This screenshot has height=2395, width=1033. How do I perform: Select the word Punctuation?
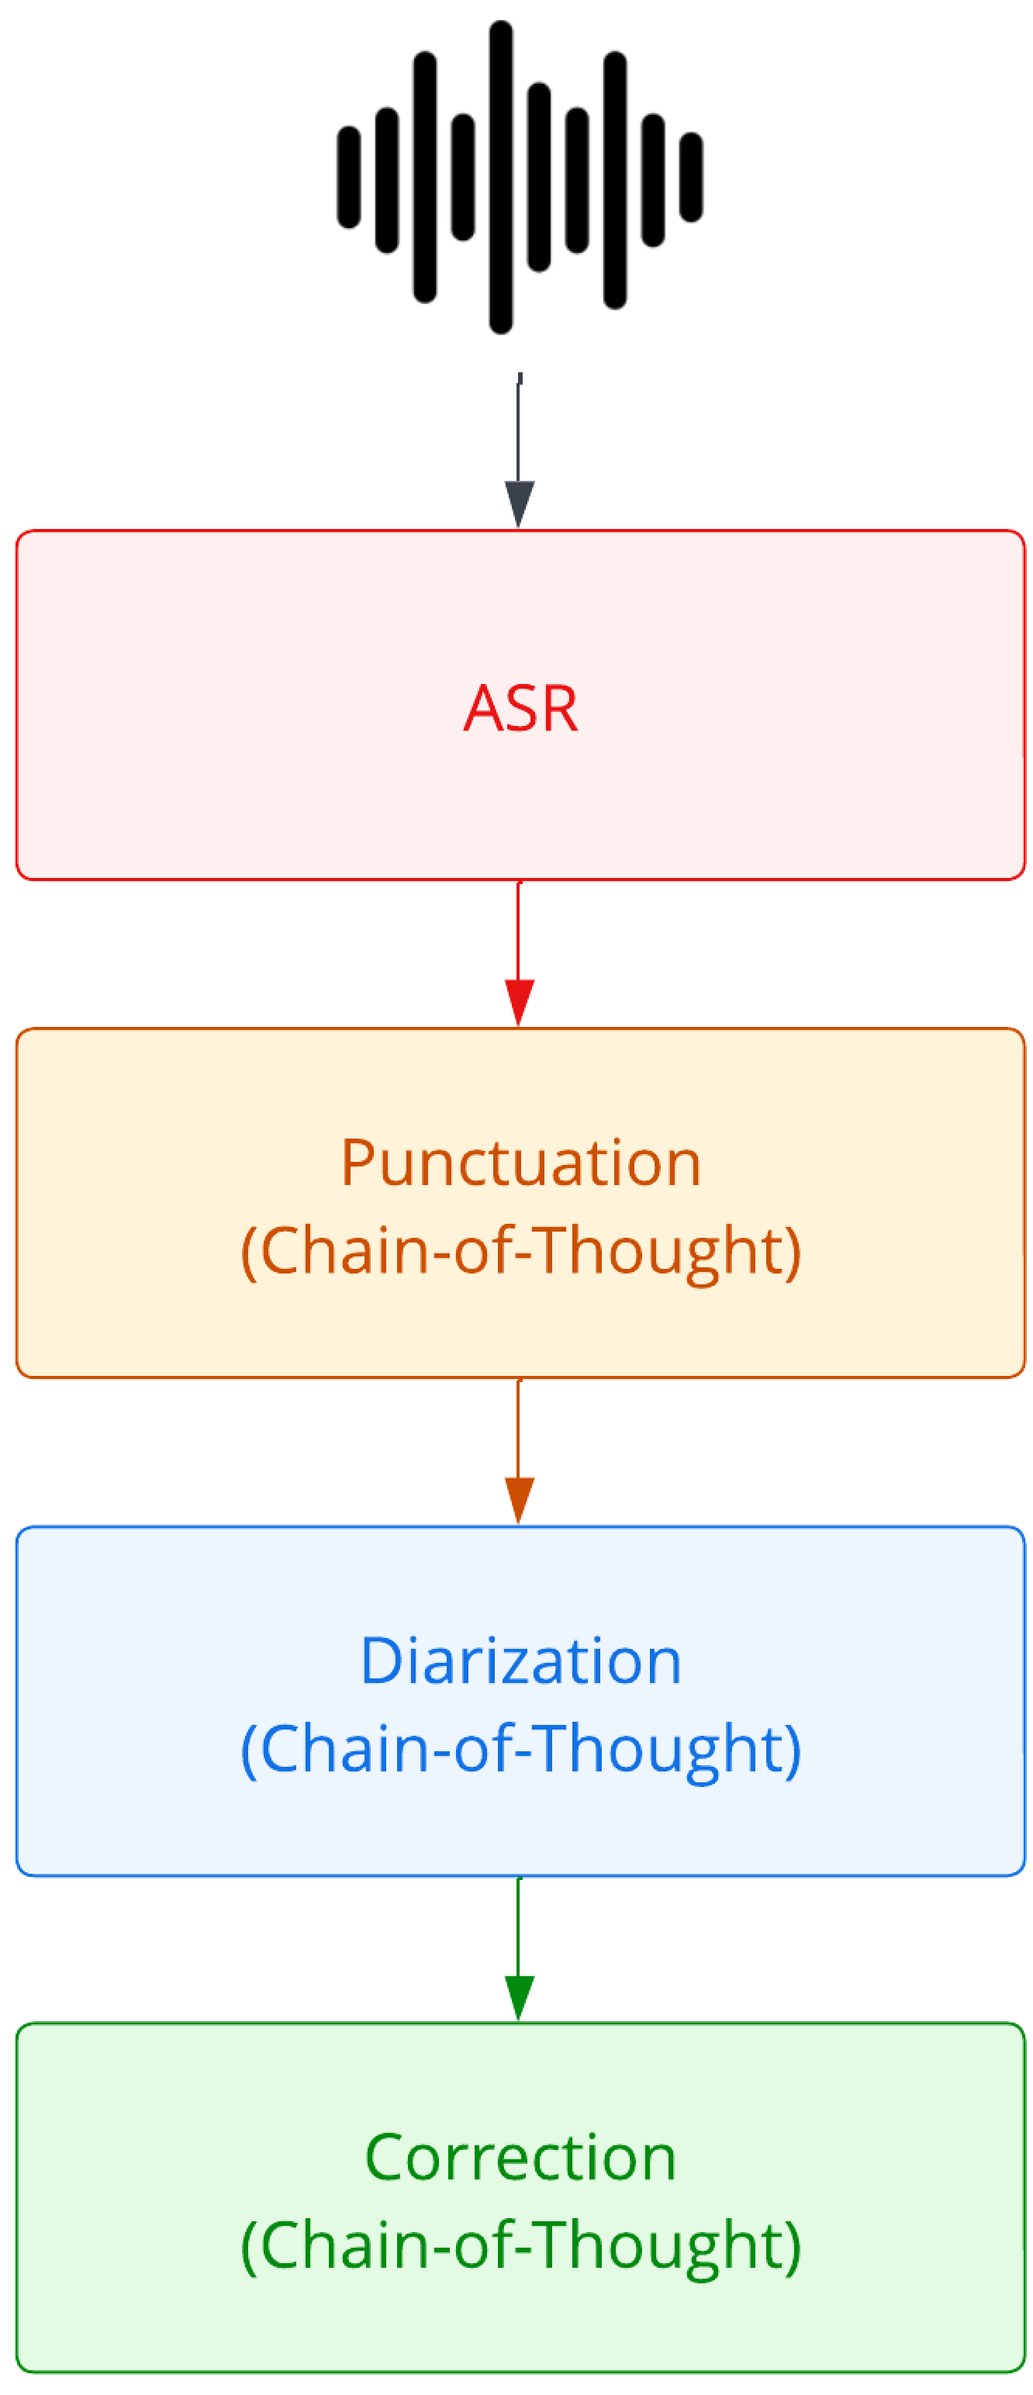(x=520, y=1164)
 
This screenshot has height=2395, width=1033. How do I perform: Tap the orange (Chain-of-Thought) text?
(x=520, y=1250)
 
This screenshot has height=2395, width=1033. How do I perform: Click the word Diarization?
(x=520, y=1661)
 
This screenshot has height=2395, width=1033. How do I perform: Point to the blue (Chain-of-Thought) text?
(x=520, y=1749)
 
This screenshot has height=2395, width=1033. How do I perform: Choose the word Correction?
(x=520, y=2158)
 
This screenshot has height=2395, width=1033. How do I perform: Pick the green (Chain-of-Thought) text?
(x=520, y=2245)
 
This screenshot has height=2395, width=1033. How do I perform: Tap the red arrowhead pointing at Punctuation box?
(x=519, y=1001)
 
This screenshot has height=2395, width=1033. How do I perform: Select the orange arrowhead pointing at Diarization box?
(x=519, y=1498)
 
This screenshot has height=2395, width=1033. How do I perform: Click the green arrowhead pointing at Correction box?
(x=519, y=1996)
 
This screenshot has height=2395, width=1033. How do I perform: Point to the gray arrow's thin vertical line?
(x=519, y=427)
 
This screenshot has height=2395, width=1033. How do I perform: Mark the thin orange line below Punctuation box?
(x=519, y=1426)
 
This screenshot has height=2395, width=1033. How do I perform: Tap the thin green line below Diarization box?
(x=519, y=1923)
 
